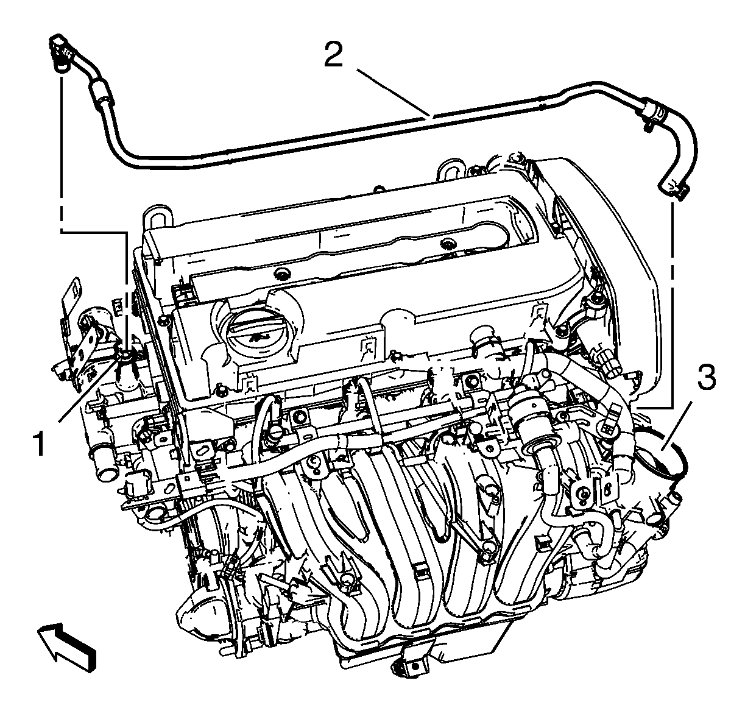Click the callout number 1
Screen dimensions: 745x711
coord(39,445)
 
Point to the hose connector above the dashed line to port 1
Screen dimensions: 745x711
coord(59,52)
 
